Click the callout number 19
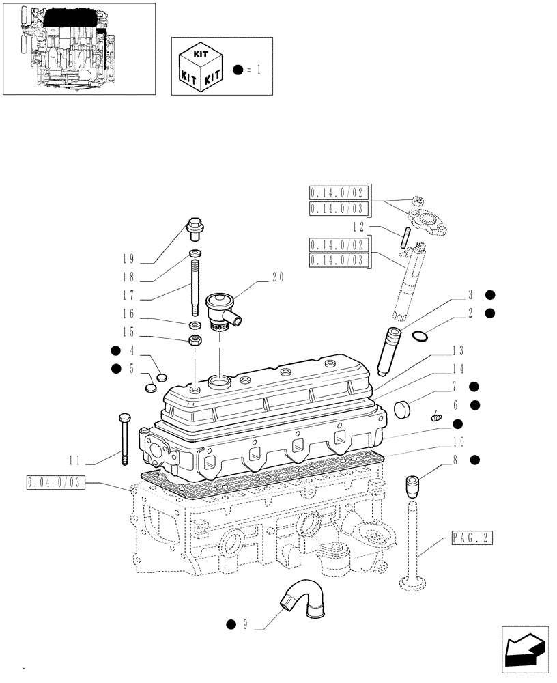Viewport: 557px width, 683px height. [x=127, y=260]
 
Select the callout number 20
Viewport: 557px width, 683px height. [x=277, y=277]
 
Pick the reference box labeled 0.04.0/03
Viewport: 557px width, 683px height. [x=55, y=483]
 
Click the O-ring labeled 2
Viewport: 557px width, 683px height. [x=421, y=335]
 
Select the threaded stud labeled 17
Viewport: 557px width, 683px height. [x=195, y=283]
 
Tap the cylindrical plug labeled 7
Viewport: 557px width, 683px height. [x=403, y=409]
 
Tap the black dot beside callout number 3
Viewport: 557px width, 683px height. [x=489, y=295]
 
